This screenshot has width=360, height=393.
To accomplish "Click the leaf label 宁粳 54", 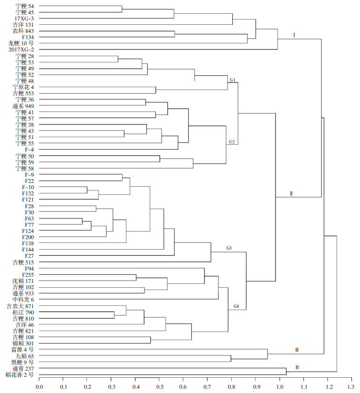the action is [25, 6].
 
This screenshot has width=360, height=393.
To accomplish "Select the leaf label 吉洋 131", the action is [23, 25].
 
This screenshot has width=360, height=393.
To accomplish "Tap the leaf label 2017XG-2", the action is [21, 50].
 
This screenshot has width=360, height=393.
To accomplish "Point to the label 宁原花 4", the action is [23, 87].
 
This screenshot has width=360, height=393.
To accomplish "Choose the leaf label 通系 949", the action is [23, 106].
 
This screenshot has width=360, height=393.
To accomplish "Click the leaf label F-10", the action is [28, 187].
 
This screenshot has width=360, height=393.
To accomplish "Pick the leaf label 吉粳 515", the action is [23, 262].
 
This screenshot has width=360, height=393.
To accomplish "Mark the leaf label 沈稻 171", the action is [23, 281].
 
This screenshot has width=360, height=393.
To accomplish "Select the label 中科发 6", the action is [23, 300].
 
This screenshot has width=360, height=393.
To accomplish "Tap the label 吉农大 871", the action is [20, 306].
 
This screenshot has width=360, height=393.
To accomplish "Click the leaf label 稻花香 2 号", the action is [20, 375].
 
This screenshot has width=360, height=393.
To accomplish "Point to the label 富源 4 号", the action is [22, 349].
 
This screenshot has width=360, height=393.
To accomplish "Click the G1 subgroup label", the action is [233, 80].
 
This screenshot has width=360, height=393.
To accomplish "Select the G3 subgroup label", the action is [229, 248].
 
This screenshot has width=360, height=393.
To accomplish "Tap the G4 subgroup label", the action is [236, 306].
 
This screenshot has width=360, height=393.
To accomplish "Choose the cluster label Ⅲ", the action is [297, 350].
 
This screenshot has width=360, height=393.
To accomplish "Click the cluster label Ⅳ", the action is [297, 367].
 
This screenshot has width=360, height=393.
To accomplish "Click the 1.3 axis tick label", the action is [351, 387].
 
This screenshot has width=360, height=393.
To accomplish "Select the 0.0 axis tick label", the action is [40, 387].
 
